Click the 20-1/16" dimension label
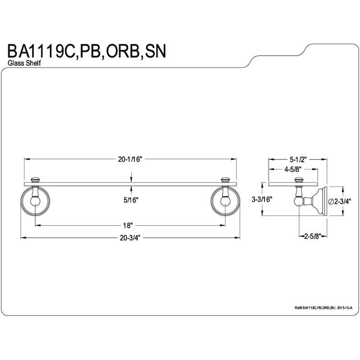click(x=130, y=159)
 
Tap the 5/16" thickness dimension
click(x=131, y=200)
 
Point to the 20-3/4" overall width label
click(x=130, y=238)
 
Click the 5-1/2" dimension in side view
click(x=298, y=159)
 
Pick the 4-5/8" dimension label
click(x=293, y=169)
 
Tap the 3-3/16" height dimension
click(x=262, y=199)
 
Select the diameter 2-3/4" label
click(x=340, y=201)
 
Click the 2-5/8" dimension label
click(x=312, y=236)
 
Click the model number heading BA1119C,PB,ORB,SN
click(x=87, y=52)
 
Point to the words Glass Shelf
click(x=24, y=63)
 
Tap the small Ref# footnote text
click(x=323, y=308)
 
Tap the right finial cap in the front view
click(x=225, y=180)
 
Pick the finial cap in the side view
click(x=299, y=180)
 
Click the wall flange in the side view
click(x=322, y=201)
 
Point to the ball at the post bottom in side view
click(x=299, y=202)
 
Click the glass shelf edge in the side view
click(x=293, y=184)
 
